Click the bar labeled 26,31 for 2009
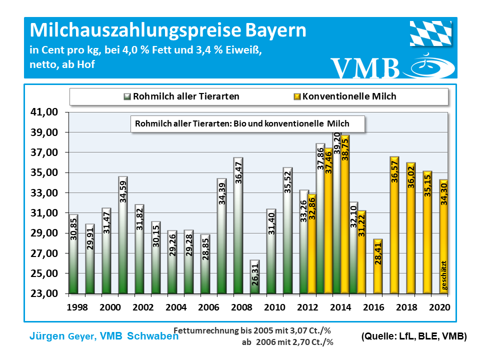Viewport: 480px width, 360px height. (x=254, y=277)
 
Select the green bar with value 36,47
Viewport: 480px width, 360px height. (x=238, y=225)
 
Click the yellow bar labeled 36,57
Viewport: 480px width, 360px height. (x=394, y=225)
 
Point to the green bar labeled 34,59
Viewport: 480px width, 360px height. (x=123, y=235)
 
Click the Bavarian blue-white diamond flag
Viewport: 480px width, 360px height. (x=431, y=33)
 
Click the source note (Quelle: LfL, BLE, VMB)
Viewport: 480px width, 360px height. (x=413, y=337)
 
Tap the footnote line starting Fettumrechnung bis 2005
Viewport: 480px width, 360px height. (x=253, y=330)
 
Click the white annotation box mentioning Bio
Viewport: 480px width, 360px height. (x=247, y=124)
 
